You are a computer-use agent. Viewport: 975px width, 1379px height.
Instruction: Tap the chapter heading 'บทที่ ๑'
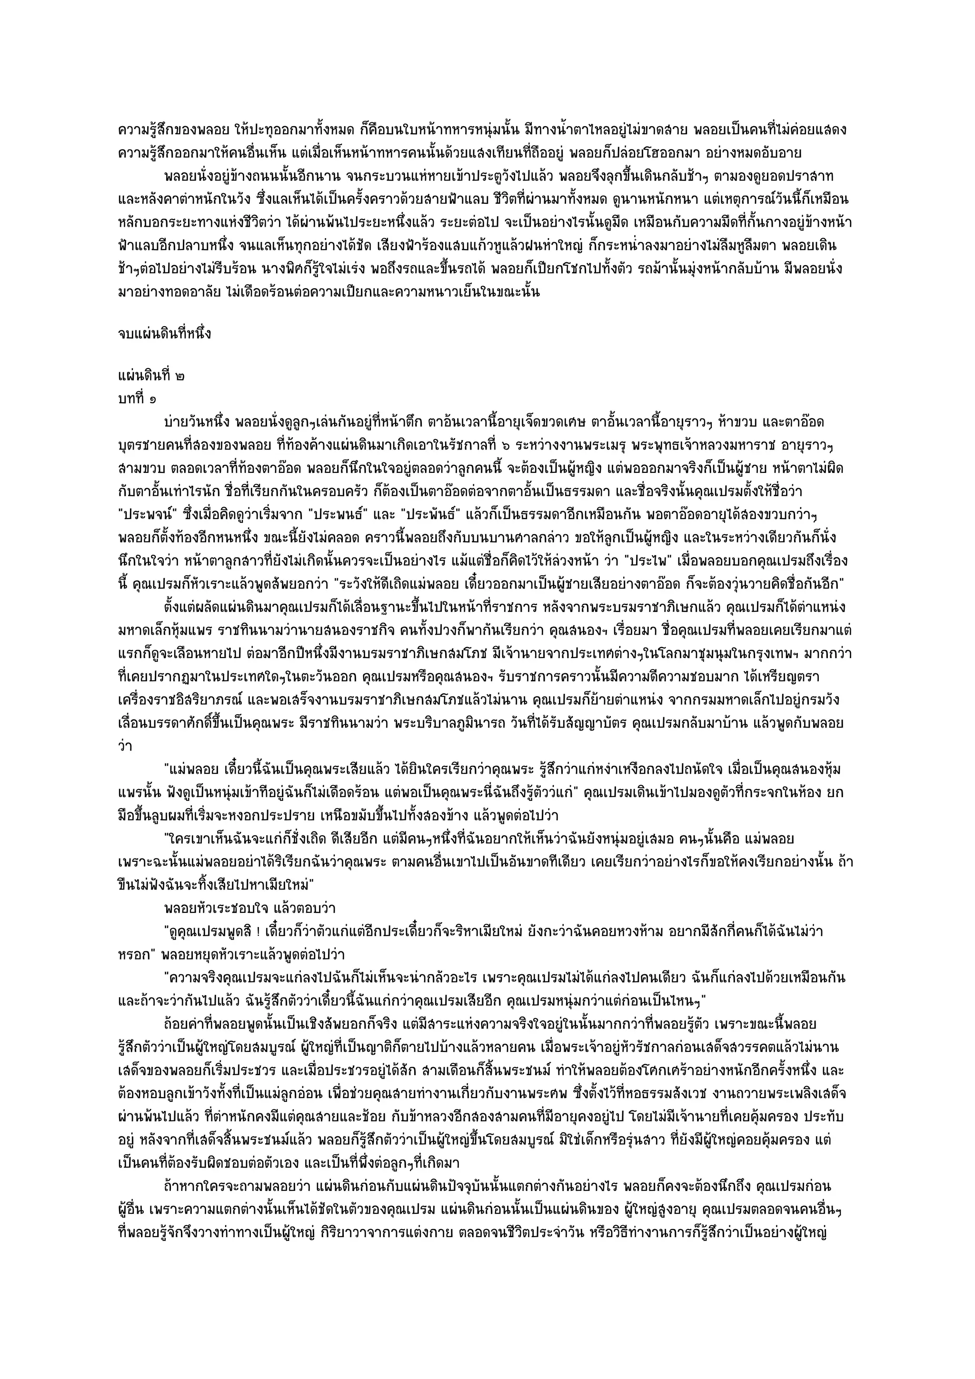(x=139, y=398)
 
